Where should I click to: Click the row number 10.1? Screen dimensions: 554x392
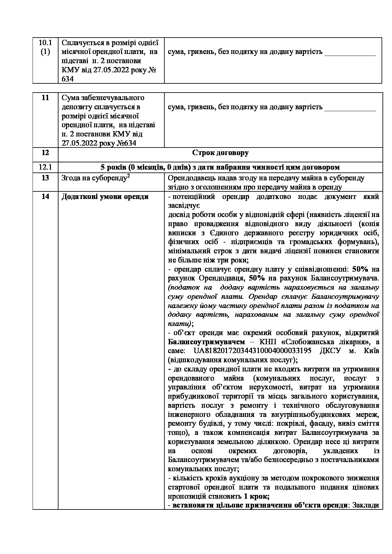click(45, 43)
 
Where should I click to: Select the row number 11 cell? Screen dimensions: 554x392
click(45, 98)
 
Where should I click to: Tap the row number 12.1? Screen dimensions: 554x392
click(45, 167)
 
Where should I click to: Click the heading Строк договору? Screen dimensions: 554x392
click(220, 153)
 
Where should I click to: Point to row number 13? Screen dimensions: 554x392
click(45, 178)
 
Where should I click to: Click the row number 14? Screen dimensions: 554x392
click(45, 197)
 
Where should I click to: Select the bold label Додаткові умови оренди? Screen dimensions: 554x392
click(105, 197)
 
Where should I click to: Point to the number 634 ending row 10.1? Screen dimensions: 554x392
click(68, 79)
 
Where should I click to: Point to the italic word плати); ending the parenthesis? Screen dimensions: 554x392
click(181, 324)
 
